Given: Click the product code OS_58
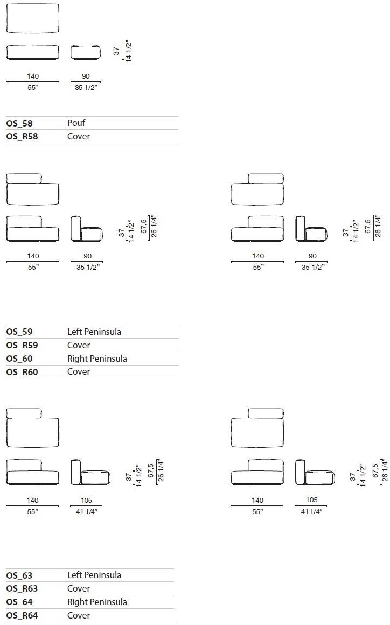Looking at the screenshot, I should pos(19,123).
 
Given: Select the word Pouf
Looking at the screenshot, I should pos(76,123).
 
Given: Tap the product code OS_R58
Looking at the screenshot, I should pos(22,137).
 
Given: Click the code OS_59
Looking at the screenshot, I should pos(19,332).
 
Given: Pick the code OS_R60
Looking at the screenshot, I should pos(22,372).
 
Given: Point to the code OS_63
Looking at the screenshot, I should pos(19,575).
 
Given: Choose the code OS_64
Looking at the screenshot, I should pos(19,602).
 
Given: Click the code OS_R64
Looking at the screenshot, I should pos(22,615).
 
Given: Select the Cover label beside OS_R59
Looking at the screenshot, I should pos(79,345).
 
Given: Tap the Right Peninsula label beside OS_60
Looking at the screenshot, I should pos(97,359).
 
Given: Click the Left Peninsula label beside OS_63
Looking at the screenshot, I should pos(94,575).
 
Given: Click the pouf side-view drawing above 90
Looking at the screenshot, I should pos(85,52).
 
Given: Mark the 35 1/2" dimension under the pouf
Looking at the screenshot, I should pos(86,87).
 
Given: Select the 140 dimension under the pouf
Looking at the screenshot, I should pos(33,76).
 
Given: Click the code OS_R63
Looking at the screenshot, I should pos(22,589).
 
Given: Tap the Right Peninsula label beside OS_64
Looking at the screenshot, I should pos(97,602).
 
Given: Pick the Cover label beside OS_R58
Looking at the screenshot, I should pos(79,137).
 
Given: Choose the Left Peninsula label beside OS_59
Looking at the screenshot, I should pos(94,332).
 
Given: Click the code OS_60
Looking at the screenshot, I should pos(19,359).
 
